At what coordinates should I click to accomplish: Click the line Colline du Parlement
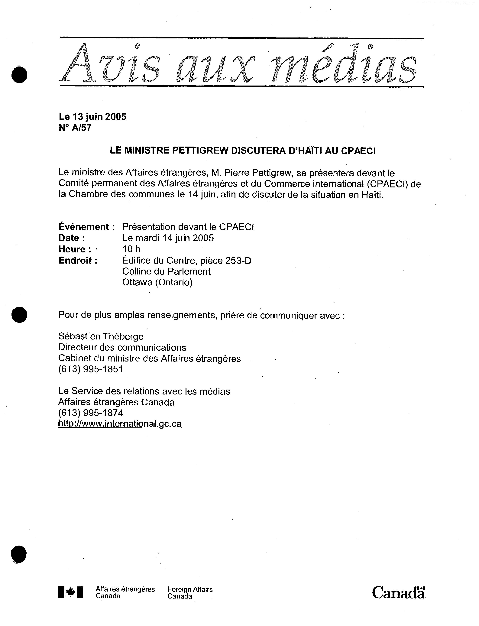pos(166,271)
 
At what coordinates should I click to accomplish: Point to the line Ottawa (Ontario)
pos(157,282)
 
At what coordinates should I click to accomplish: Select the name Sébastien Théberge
pos(101,336)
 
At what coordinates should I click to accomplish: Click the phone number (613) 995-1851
pos(91,369)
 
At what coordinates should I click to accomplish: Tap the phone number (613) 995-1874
pos(91,413)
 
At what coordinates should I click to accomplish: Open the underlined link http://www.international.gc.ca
pos(120,424)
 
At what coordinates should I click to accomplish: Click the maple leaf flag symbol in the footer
pos(71,592)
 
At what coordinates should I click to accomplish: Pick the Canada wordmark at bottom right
pos(398,592)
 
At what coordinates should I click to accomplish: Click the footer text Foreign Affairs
pos(190,589)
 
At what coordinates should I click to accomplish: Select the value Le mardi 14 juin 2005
pos(168,238)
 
